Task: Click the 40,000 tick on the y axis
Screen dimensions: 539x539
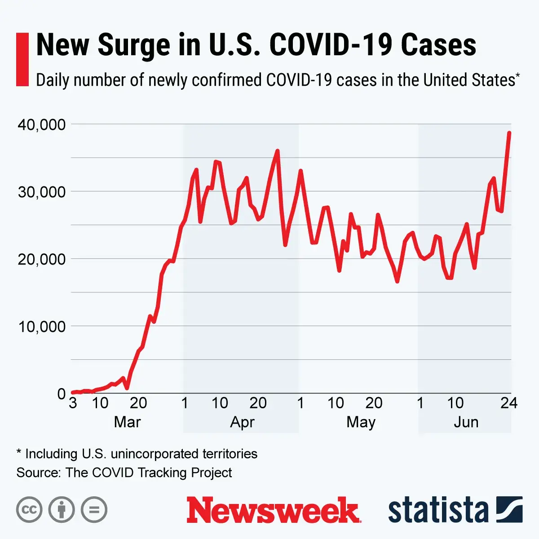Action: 41,124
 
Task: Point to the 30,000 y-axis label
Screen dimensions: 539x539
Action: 41,192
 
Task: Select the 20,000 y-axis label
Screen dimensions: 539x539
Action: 41,259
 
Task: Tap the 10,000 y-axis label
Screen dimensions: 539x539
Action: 41,327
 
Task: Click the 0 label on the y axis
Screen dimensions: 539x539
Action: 62,394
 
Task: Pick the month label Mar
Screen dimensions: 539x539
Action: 127,422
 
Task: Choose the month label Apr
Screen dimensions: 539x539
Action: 242,422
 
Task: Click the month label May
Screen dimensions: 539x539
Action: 361,422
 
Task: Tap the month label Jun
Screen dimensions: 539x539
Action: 466,422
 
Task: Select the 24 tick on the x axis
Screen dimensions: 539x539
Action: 509,403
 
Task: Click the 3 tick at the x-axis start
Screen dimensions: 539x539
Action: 73,403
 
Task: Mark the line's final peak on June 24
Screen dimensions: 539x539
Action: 509,133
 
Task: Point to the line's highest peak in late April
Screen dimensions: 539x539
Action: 277,151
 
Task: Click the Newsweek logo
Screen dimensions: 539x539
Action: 274,510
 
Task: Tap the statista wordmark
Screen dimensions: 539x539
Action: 438,510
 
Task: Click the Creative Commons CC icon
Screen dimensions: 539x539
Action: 29,510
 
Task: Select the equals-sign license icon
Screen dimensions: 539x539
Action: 94,510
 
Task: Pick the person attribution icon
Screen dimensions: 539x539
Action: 62,510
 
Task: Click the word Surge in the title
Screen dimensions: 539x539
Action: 134,45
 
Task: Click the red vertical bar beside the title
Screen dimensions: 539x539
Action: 22,59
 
